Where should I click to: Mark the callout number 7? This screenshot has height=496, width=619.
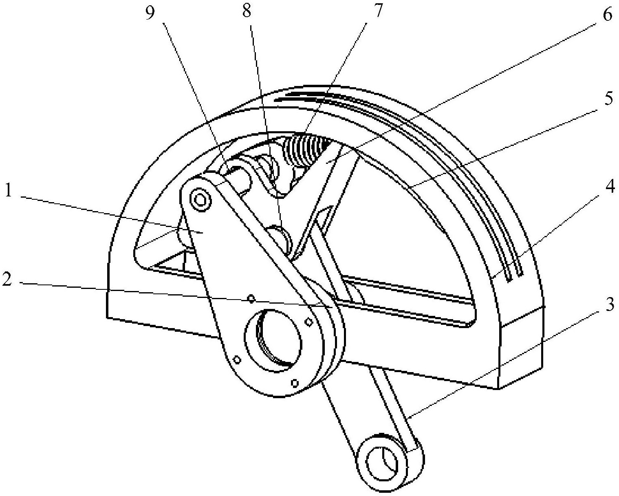point(378,11)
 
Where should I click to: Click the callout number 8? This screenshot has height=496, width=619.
point(247,11)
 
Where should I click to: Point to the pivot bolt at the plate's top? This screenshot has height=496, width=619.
point(200,200)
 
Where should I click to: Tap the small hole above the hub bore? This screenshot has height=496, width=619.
point(251,299)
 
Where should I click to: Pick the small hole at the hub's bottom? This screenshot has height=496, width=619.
point(295,383)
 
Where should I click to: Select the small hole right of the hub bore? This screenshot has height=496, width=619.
point(309,322)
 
